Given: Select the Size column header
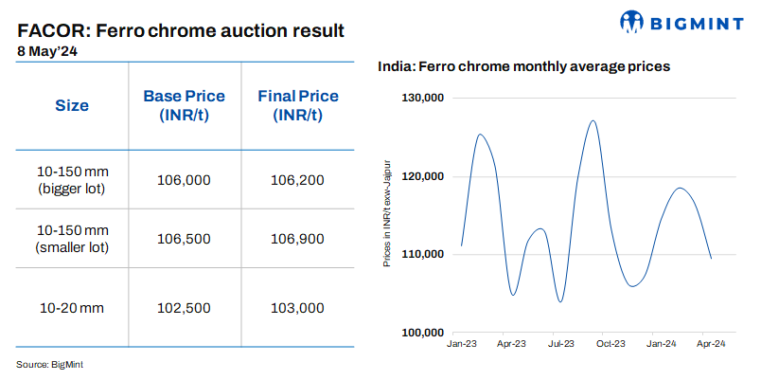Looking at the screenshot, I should (x=71, y=106).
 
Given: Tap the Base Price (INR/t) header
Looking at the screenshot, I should (x=184, y=106).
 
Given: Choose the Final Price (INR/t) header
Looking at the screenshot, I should (x=297, y=106).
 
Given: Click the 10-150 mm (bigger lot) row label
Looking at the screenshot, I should (x=72, y=180).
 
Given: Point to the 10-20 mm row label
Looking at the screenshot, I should (x=72, y=308).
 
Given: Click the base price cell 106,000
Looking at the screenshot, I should (x=184, y=180).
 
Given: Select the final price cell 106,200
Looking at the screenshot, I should (x=297, y=180).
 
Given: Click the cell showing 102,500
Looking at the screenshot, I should (x=184, y=308).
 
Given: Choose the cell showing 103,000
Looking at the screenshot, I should (x=297, y=308).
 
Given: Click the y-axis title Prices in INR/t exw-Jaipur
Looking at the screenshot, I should (x=387, y=215).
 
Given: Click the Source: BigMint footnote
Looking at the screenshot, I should (x=56, y=364).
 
